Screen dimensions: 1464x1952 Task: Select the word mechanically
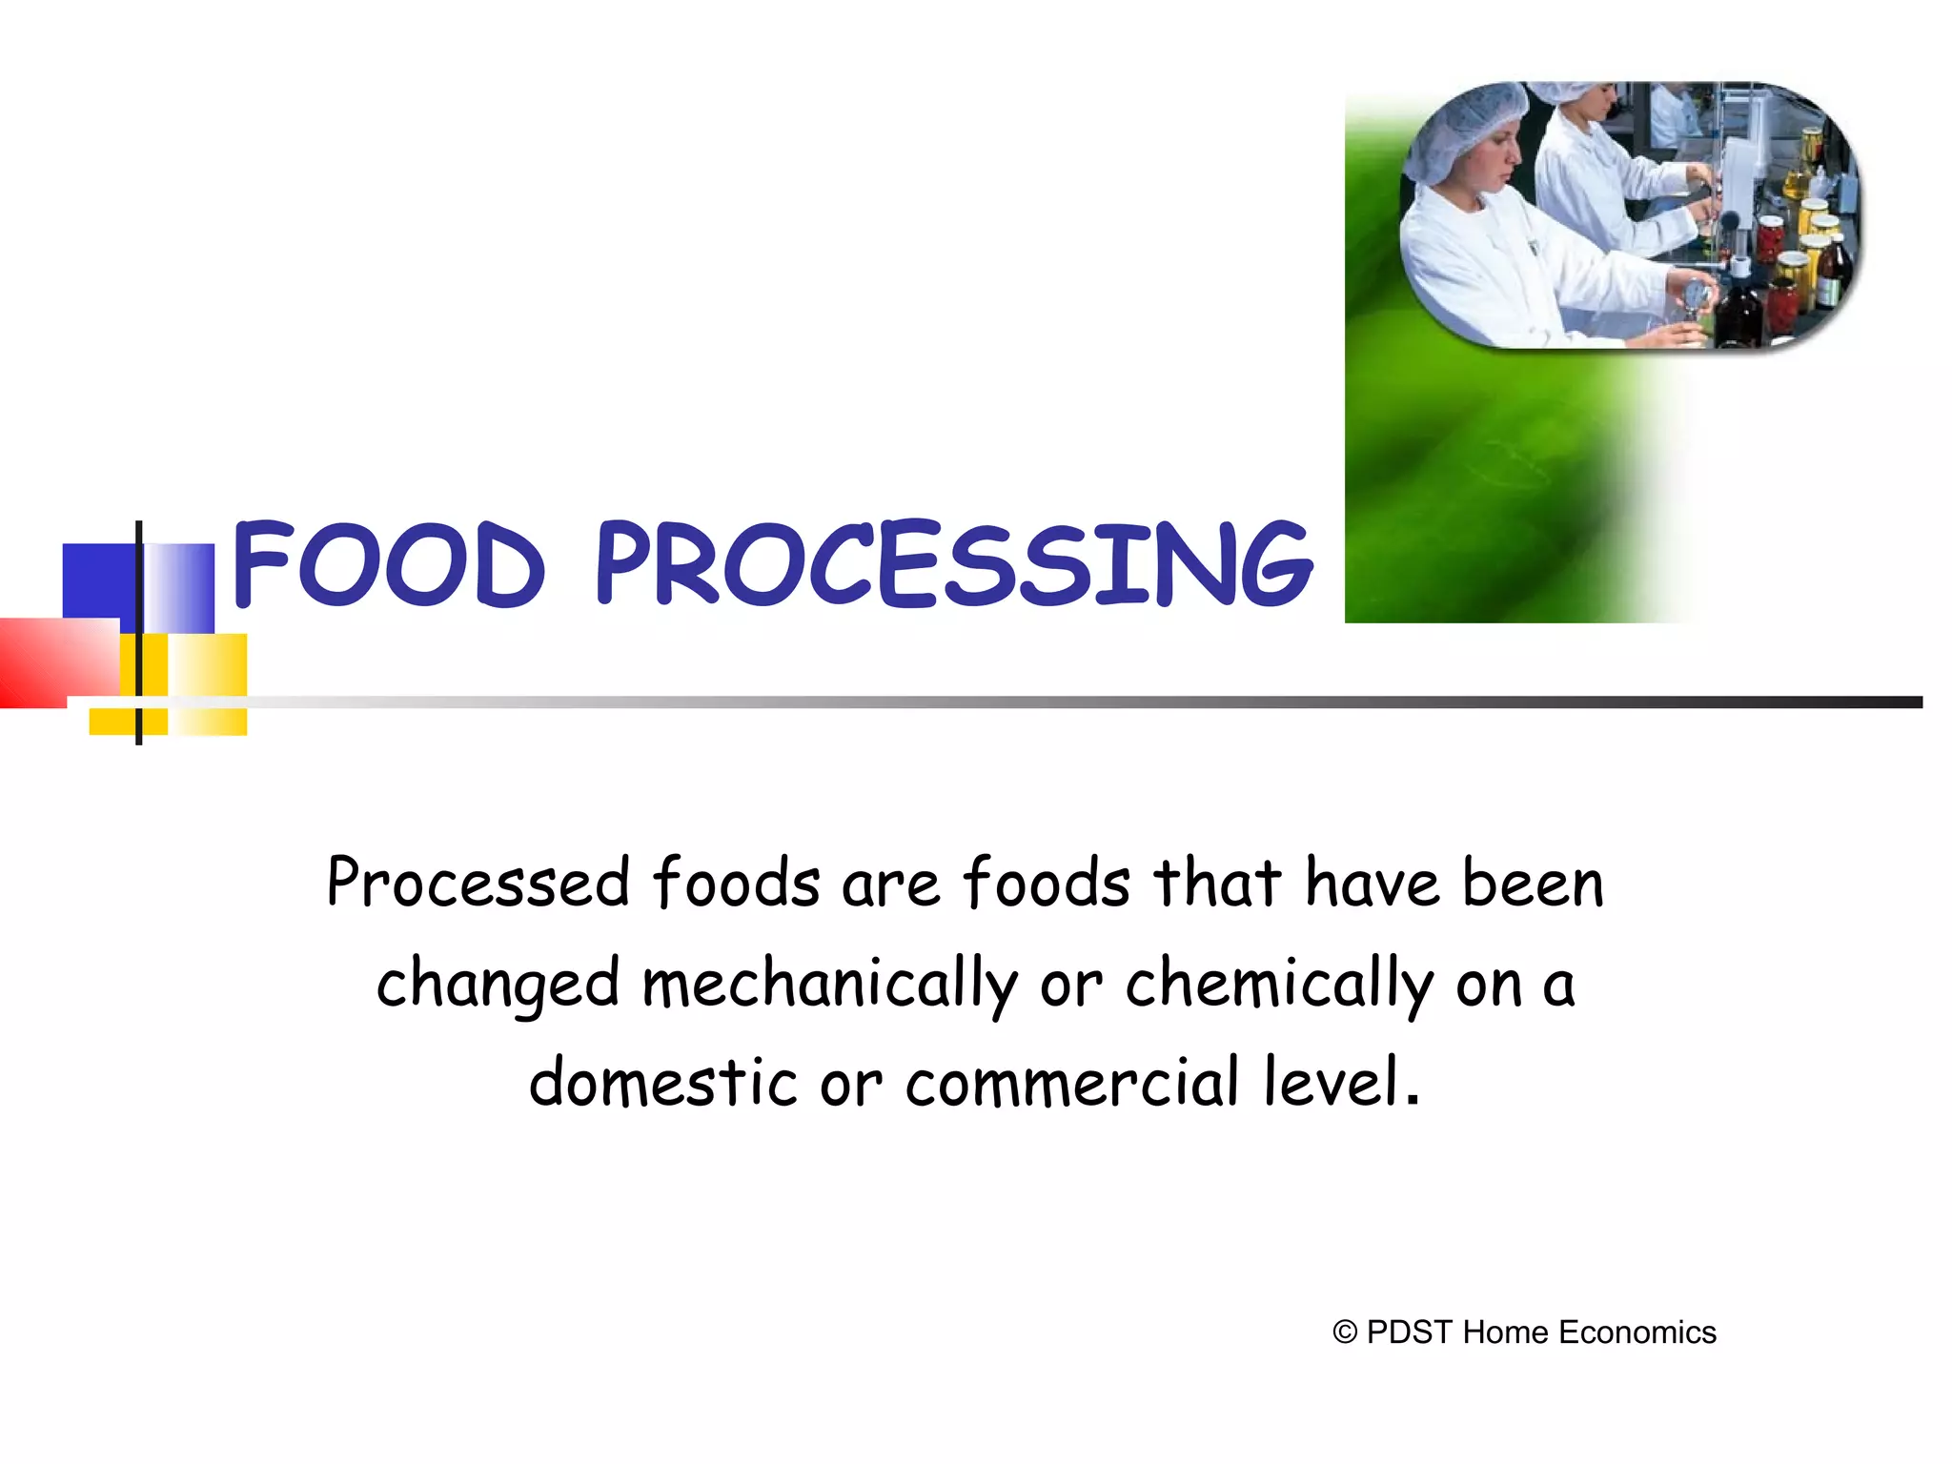point(830,984)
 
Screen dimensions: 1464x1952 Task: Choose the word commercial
point(1073,1083)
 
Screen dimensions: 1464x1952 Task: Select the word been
point(1534,883)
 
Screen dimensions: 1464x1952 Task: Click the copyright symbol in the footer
point(1345,1332)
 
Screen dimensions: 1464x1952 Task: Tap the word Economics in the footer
point(1637,1332)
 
